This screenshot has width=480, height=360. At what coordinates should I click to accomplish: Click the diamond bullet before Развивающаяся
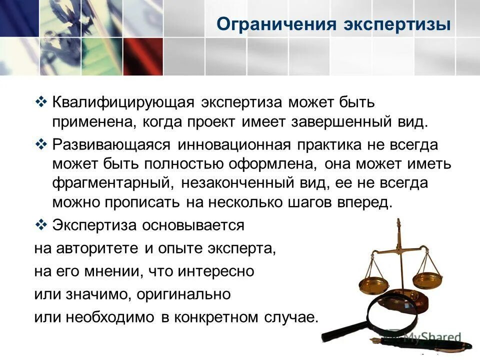point(41,144)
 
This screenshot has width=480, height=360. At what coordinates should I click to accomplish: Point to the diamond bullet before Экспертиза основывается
point(41,224)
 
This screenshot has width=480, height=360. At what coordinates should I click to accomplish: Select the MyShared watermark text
point(430,338)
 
